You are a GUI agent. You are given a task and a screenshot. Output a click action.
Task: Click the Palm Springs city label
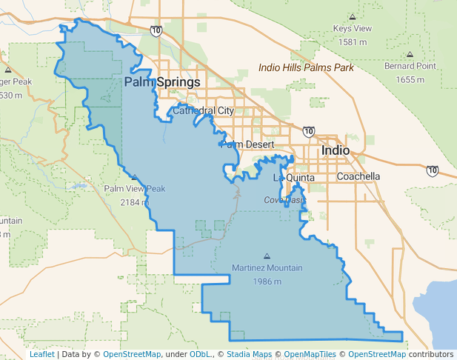tap(162, 81)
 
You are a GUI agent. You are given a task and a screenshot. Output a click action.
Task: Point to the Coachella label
tap(358, 176)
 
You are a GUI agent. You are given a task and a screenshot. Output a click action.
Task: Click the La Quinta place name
tap(294, 178)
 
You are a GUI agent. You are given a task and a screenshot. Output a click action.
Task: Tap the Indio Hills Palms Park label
tap(306, 67)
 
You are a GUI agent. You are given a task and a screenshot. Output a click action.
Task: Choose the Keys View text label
tap(353, 29)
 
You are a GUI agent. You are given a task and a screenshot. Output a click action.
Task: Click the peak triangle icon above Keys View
tap(353, 16)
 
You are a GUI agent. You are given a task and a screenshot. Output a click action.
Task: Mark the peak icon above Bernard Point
tap(410, 54)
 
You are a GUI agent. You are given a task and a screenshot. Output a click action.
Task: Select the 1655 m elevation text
tap(410, 79)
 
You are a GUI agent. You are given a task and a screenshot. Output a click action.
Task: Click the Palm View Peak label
tap(134, 189)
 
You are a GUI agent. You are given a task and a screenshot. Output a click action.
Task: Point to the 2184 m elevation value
tap(134, 201)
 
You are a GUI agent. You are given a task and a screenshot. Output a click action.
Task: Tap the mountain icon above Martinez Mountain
tap(267, 256)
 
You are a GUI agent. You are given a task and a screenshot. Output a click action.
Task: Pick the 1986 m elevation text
tap(267, 281)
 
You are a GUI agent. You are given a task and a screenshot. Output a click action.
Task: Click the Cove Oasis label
tap(284, 200)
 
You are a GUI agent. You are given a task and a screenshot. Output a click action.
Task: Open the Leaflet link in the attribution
tap(42, 355)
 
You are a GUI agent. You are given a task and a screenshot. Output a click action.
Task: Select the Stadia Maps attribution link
tap(250, 355)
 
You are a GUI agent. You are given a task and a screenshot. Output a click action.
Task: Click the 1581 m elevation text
tap(353, 41)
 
